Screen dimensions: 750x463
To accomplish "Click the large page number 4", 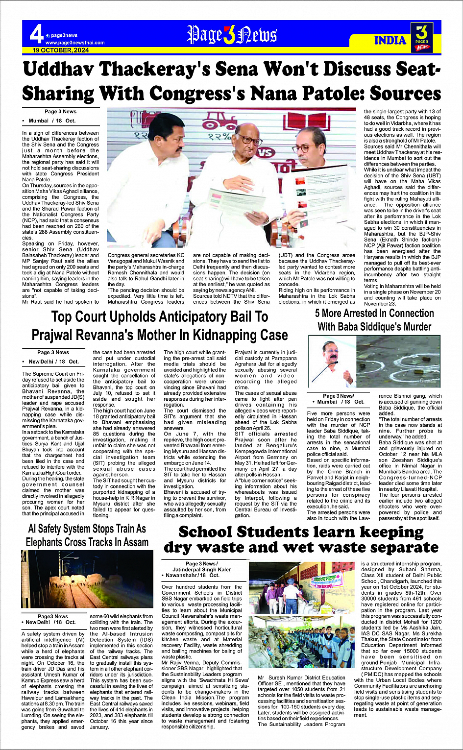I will coord(36,34).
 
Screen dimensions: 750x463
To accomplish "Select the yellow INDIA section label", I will coord(390,40).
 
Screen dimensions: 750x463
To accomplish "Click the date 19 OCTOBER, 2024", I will coord(61,50).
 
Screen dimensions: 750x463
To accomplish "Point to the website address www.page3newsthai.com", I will coord(75,43).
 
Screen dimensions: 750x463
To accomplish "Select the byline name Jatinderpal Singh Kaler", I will coord(208,570).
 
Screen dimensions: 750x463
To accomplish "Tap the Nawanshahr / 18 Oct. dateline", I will coord(191,575).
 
